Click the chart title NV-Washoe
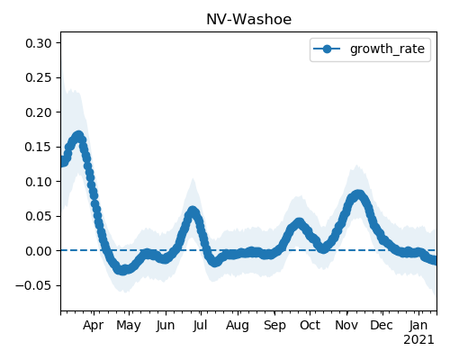tap(248, 20)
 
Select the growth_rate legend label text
tap(387, 49)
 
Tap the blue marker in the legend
tap(327, 49)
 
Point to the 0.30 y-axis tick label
tap(39, 43)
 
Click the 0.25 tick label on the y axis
tap(39, 78)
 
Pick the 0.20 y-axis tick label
tap(39, 112)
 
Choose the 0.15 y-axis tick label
tap(39, 148)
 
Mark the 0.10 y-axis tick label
tap(39, 182)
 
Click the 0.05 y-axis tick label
tap(39, 217)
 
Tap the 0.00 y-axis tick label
tap(39, 251)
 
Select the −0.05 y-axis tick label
tap(33, 285)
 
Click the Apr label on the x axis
tap(94, 326)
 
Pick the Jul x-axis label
tap(200, 326)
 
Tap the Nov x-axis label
tap(346, 326)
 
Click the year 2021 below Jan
tap(418, 340)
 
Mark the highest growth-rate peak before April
tap(78, 136)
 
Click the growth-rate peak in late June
tap(193, 211)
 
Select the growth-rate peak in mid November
tap(357, 195)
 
